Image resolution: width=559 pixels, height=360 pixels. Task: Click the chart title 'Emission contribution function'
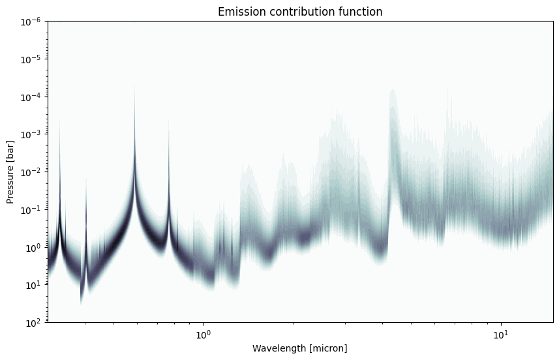[300, 12]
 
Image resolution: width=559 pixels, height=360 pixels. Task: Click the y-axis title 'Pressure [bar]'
[10, 172]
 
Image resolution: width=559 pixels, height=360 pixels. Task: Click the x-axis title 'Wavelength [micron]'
[300, 348]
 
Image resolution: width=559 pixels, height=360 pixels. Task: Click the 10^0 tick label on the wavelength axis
[204, 335]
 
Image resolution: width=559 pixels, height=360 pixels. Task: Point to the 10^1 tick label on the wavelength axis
[501, 335]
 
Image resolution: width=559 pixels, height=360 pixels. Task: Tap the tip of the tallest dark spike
[135, 85]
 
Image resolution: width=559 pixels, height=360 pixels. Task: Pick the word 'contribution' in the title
[302, 12]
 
